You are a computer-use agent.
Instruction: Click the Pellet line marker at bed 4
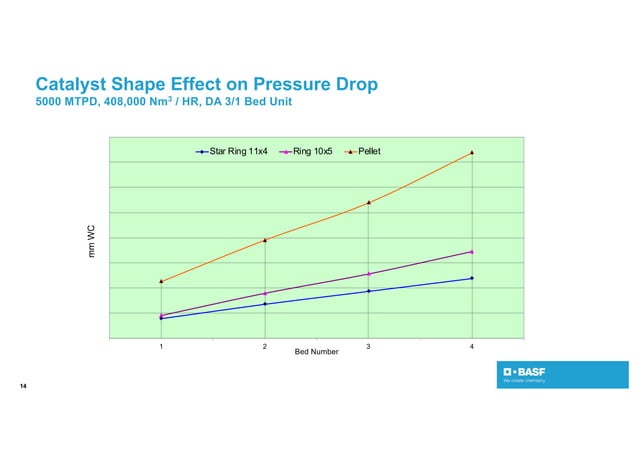click(471, 153)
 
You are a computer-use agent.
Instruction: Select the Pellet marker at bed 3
click(368, 203)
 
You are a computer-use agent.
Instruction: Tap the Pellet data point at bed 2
click(265, 240)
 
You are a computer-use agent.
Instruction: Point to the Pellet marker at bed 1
click(161, 281)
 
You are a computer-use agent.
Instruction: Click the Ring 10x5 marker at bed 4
click(471, 252)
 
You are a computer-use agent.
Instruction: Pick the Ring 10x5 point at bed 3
click(368, 274)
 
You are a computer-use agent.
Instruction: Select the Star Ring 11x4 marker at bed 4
click(471, 278)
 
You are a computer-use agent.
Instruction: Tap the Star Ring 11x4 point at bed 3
click(368, 291)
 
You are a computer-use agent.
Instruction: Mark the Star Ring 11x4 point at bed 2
click(265, 304)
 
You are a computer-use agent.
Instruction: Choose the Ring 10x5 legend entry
click(309, 152)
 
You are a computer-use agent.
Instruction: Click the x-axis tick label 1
click(161, 346)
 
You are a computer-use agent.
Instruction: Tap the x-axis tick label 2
click(265, 346)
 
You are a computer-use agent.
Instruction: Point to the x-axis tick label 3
click(368, 346)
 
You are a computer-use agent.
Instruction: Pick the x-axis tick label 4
click(471, 346)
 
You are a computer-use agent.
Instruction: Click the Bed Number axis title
click(316, 353)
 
